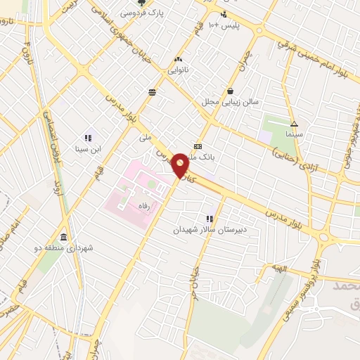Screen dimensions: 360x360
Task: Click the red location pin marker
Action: pos(179,165)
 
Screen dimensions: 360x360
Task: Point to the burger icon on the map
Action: pos(153,92)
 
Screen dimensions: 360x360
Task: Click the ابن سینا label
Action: pos(89,149)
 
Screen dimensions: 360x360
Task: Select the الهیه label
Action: pos(281,268)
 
